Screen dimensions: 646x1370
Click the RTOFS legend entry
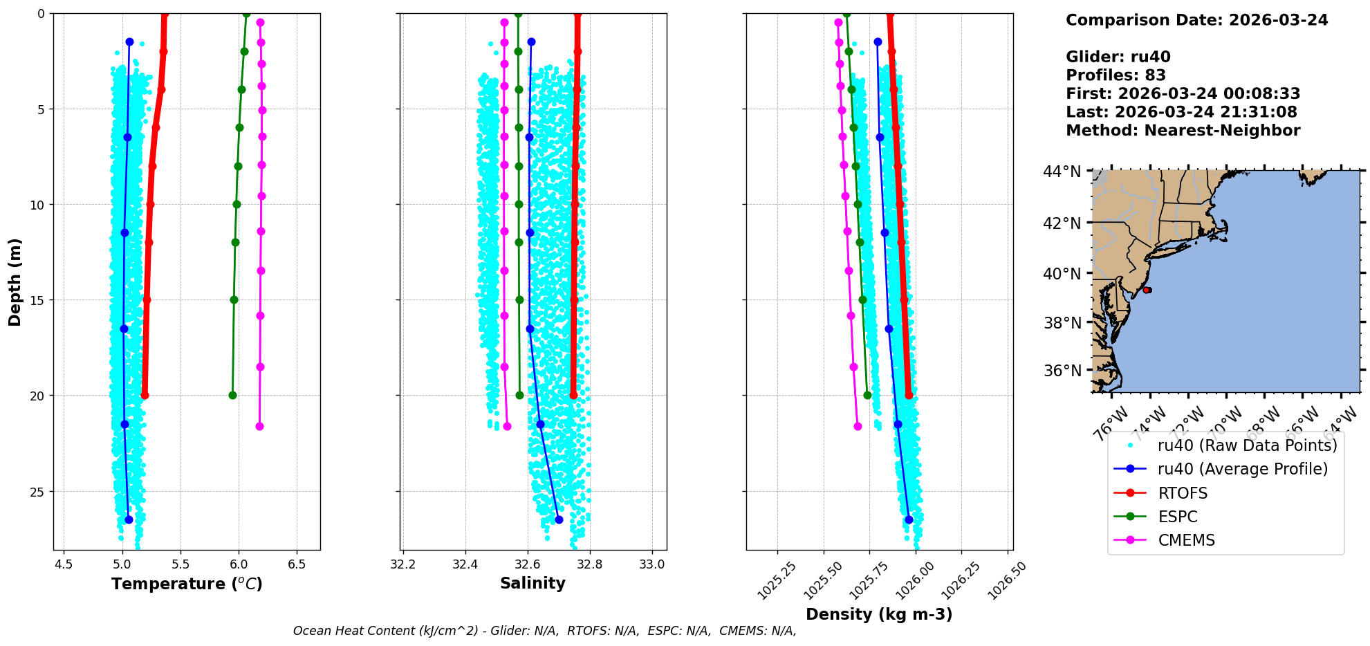click(x=1183, y=493)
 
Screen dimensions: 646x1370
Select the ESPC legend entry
click(x=1178, y=517)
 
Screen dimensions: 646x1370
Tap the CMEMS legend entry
click(x=1186, y=540)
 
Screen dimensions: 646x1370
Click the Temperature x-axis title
click(x=187, y=584)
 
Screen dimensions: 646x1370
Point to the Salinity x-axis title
click(x=533, y=583)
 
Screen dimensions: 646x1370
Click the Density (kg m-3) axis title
click(x=879, y=614)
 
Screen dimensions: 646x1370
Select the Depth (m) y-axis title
click(x=15, y=282)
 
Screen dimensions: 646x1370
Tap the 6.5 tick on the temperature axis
click(x=297, y=564)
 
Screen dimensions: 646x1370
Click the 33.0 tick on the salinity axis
click(x=651, y=564)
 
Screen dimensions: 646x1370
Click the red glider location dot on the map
click(x=1147, y=290)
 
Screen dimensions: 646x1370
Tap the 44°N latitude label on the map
click(x=1062, y=172)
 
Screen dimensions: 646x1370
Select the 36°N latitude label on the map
click(x=1062, y=371)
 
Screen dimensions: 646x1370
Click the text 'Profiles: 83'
click(x=1116, y=75)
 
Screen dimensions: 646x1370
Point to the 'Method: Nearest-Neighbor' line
click(x=1183, y=131)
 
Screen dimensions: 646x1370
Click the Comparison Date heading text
click(x=1196, y=20)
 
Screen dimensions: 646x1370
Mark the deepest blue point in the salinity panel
click(x=559, y=519)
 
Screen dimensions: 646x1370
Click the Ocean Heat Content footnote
click(x=544, y=631)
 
